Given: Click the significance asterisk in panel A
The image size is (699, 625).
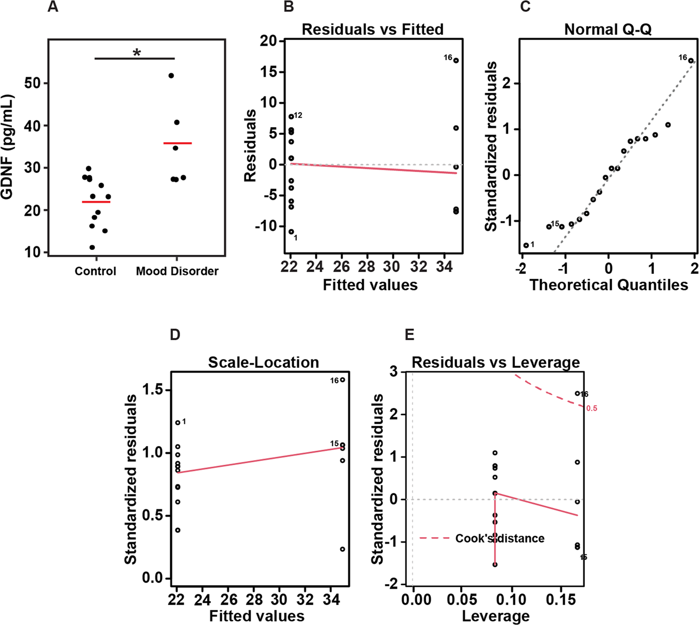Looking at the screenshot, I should pos(136,52).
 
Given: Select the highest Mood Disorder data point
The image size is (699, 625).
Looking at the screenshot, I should pos(171,76).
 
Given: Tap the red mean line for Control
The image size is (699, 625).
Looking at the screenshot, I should pos(96,202).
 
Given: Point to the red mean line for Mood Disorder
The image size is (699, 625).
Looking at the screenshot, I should pos(177,143).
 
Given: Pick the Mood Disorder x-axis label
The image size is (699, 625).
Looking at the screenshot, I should pos(177,271).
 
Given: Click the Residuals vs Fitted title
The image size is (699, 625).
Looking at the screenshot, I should pos(373,30).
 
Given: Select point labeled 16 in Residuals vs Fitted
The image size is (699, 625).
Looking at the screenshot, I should pos(456,60).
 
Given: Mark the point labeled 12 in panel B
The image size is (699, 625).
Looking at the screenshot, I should pos(291,117).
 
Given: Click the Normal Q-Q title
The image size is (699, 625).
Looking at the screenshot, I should pos(608,30).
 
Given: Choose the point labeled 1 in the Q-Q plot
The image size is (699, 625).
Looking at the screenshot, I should pos(526,245).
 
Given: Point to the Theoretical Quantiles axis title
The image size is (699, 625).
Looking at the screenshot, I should pos(608,285).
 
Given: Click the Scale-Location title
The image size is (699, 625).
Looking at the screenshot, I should pos(263,362).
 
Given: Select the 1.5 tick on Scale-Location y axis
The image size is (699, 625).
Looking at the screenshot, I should pos(154,390).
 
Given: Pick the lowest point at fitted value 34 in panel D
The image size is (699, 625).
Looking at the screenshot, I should pos(342,549).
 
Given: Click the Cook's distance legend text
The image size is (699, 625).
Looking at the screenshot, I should pos(500,538).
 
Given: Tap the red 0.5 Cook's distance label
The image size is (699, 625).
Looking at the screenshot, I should pos(592,408).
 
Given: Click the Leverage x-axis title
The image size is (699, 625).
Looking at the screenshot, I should pos(496,616).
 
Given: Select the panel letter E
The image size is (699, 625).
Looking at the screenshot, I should pos(409,335).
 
